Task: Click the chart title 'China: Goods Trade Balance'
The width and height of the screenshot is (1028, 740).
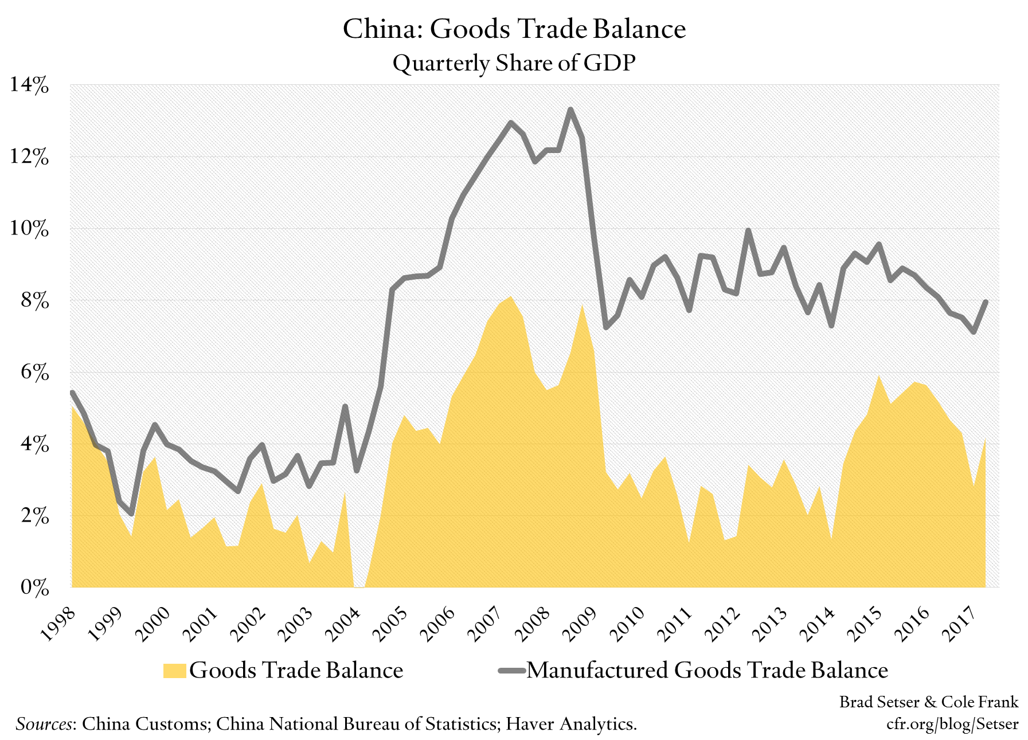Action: click(514, 29)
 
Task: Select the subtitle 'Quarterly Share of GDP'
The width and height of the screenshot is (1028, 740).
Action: click(514, 63)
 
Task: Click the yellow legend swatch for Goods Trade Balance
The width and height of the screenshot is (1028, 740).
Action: click(174, 671)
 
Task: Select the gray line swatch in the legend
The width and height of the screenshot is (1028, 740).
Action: click(511, 671)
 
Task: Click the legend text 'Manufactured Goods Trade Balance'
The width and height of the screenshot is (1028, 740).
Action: click(707, 671)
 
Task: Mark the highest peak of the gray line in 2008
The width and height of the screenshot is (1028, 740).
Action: click(570, 109)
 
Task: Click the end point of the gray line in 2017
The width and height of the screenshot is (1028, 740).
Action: click(986, 302)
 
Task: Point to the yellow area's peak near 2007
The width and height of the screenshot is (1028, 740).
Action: click(511, 296)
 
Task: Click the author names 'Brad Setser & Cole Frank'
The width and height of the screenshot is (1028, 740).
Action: click(928, 702)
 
